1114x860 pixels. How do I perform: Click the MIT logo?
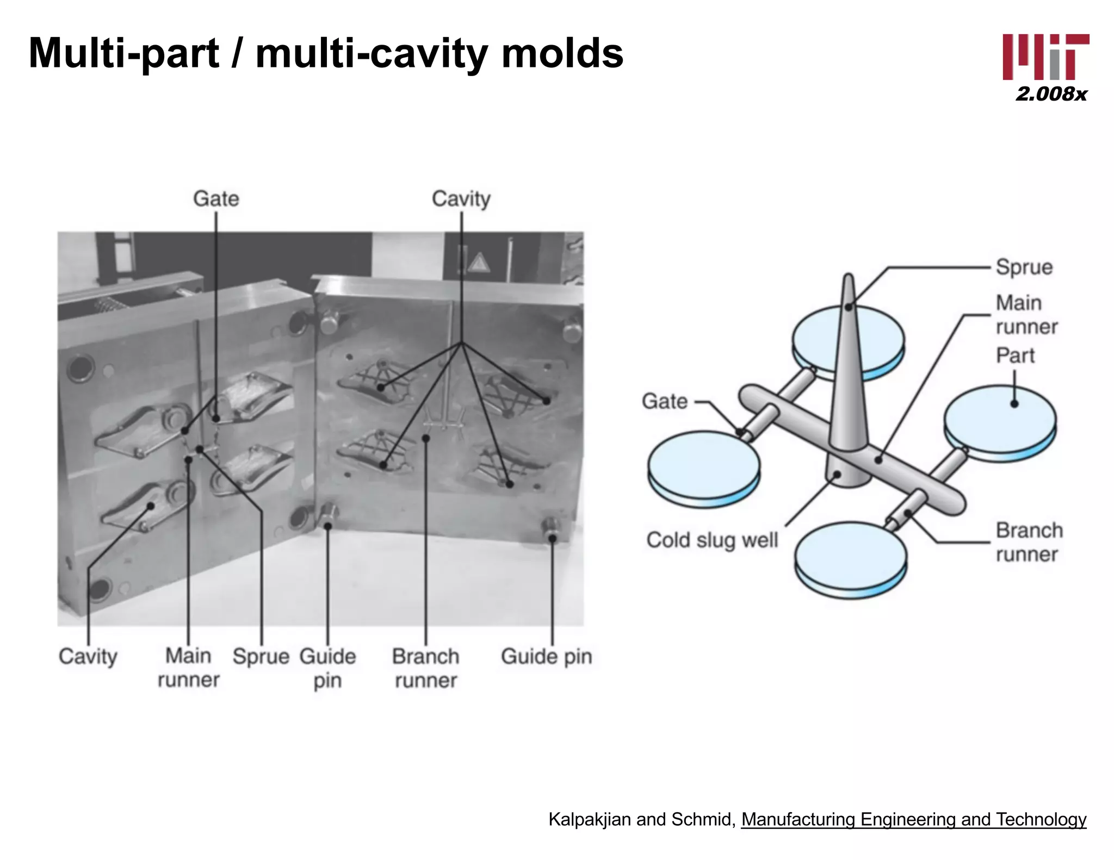tap(1045, 57)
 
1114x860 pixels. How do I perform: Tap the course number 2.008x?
tap(1051, 94)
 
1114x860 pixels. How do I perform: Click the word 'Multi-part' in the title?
tap(124, 54)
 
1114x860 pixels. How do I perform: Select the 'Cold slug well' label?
tap(712, 540)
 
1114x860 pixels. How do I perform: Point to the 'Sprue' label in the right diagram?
tap(1024, 267)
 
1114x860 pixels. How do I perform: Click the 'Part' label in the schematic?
tap(1015, 356)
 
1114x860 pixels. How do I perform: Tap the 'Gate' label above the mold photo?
tap(216, 199)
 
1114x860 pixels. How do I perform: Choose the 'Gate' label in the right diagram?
tap(665, 401)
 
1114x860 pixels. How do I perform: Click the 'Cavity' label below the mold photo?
tap(88, 657)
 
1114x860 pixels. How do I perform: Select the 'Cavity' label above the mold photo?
tap(461, 199)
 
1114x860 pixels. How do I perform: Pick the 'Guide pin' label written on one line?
tap(547, 657)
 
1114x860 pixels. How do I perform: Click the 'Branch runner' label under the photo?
tap(426, 668)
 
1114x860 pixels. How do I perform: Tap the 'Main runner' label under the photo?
tap(188, 668)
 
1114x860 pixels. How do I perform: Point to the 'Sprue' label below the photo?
tap(261, 657)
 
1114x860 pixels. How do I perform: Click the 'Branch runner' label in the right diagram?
tap(1029, 542)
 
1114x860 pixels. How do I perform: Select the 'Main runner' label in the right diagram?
tap(1026, 315)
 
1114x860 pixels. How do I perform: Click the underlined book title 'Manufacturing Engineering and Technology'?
tap(914, 819)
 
